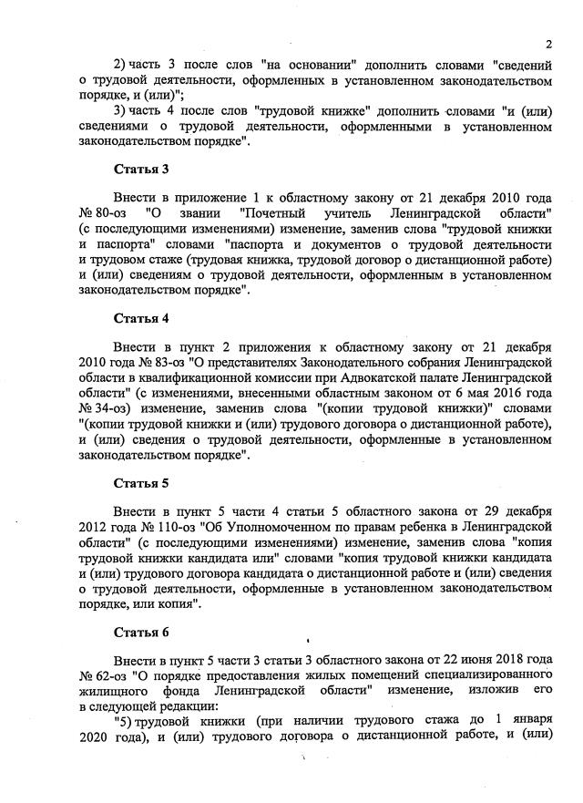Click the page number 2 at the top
pos(549,43)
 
